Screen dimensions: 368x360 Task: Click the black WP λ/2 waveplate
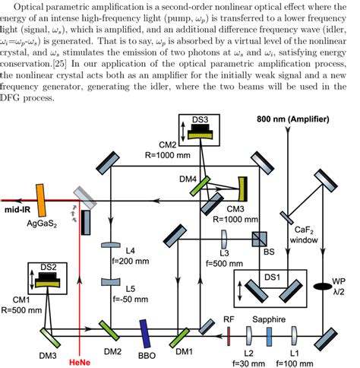click(x=329, y=288)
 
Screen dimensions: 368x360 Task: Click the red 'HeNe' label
click(x=81, y=360)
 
